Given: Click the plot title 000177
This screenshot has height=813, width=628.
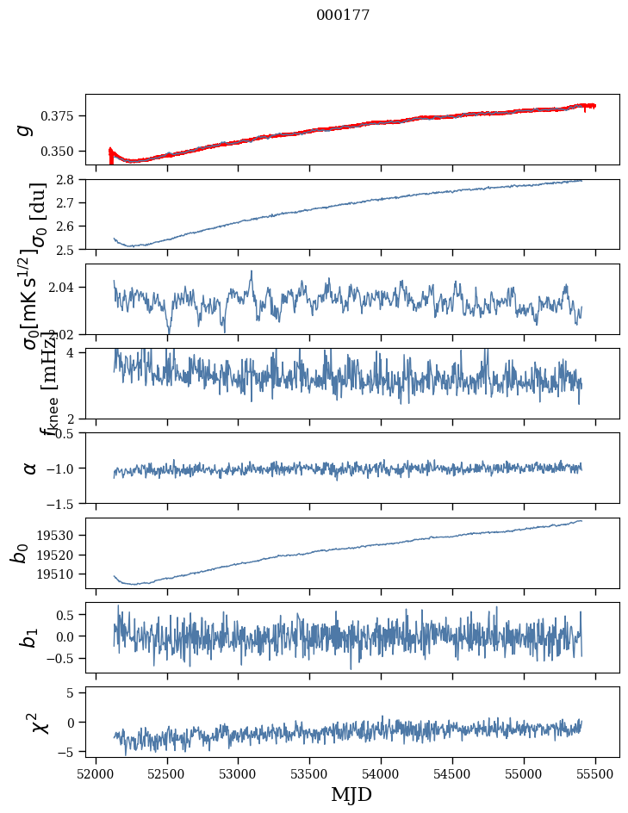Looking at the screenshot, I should click(x=343, y=15).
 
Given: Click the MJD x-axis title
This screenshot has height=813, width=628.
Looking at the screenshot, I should click(x=351, y=794).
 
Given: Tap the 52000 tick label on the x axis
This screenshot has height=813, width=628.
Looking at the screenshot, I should click(x=96, y=773).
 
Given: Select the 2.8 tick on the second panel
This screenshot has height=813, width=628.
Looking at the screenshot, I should click(x=72, y=179).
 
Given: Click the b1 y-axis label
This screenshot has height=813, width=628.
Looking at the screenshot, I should click(x=30, y=637).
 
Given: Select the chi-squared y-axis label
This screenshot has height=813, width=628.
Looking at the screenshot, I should click(x=39, y=723).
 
